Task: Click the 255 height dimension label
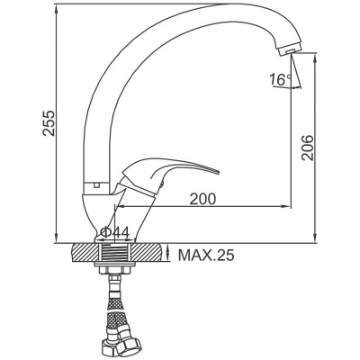(49, 123)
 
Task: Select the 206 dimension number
(307, 148)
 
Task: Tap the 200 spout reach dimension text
(202, 199)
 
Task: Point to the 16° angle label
(280, 79)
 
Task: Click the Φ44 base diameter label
(115, 232)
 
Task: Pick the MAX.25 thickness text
(206, 256)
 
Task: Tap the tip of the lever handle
(217, 172)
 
